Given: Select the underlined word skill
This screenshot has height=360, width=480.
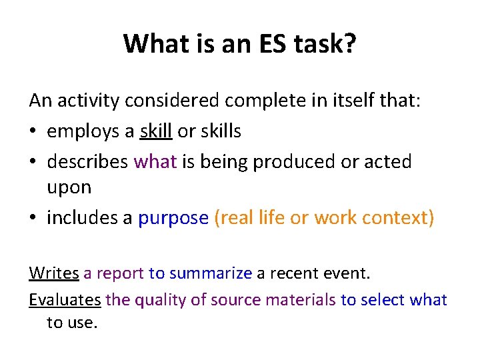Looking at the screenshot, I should [156, 131].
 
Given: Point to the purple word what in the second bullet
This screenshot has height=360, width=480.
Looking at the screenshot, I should [156, 161].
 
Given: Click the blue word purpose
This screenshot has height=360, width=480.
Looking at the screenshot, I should [173, 219].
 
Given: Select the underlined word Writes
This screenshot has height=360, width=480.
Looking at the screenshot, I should [54, 273].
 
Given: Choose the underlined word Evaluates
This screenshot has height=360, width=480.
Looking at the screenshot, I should [65, 300].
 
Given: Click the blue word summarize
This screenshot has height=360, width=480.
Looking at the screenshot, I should [211, 273].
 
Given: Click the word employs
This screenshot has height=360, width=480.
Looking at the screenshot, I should [83, 131].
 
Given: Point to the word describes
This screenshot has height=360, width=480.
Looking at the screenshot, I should [88, 161].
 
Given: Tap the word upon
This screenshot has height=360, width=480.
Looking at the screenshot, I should [69, 188].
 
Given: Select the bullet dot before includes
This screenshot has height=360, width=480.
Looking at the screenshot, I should [33, 219].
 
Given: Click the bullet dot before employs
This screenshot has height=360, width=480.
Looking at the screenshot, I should [33, 131].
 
